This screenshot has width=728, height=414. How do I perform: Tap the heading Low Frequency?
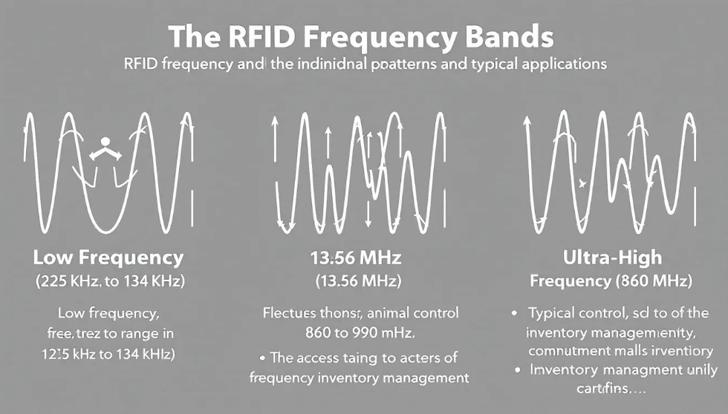108,258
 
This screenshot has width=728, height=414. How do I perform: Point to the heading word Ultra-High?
611,258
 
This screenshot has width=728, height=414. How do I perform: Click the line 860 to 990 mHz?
360,330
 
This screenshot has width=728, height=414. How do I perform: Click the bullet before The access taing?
263,358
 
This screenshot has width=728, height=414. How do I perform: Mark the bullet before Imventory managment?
515,369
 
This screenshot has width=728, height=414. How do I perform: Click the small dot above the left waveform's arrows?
105,141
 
